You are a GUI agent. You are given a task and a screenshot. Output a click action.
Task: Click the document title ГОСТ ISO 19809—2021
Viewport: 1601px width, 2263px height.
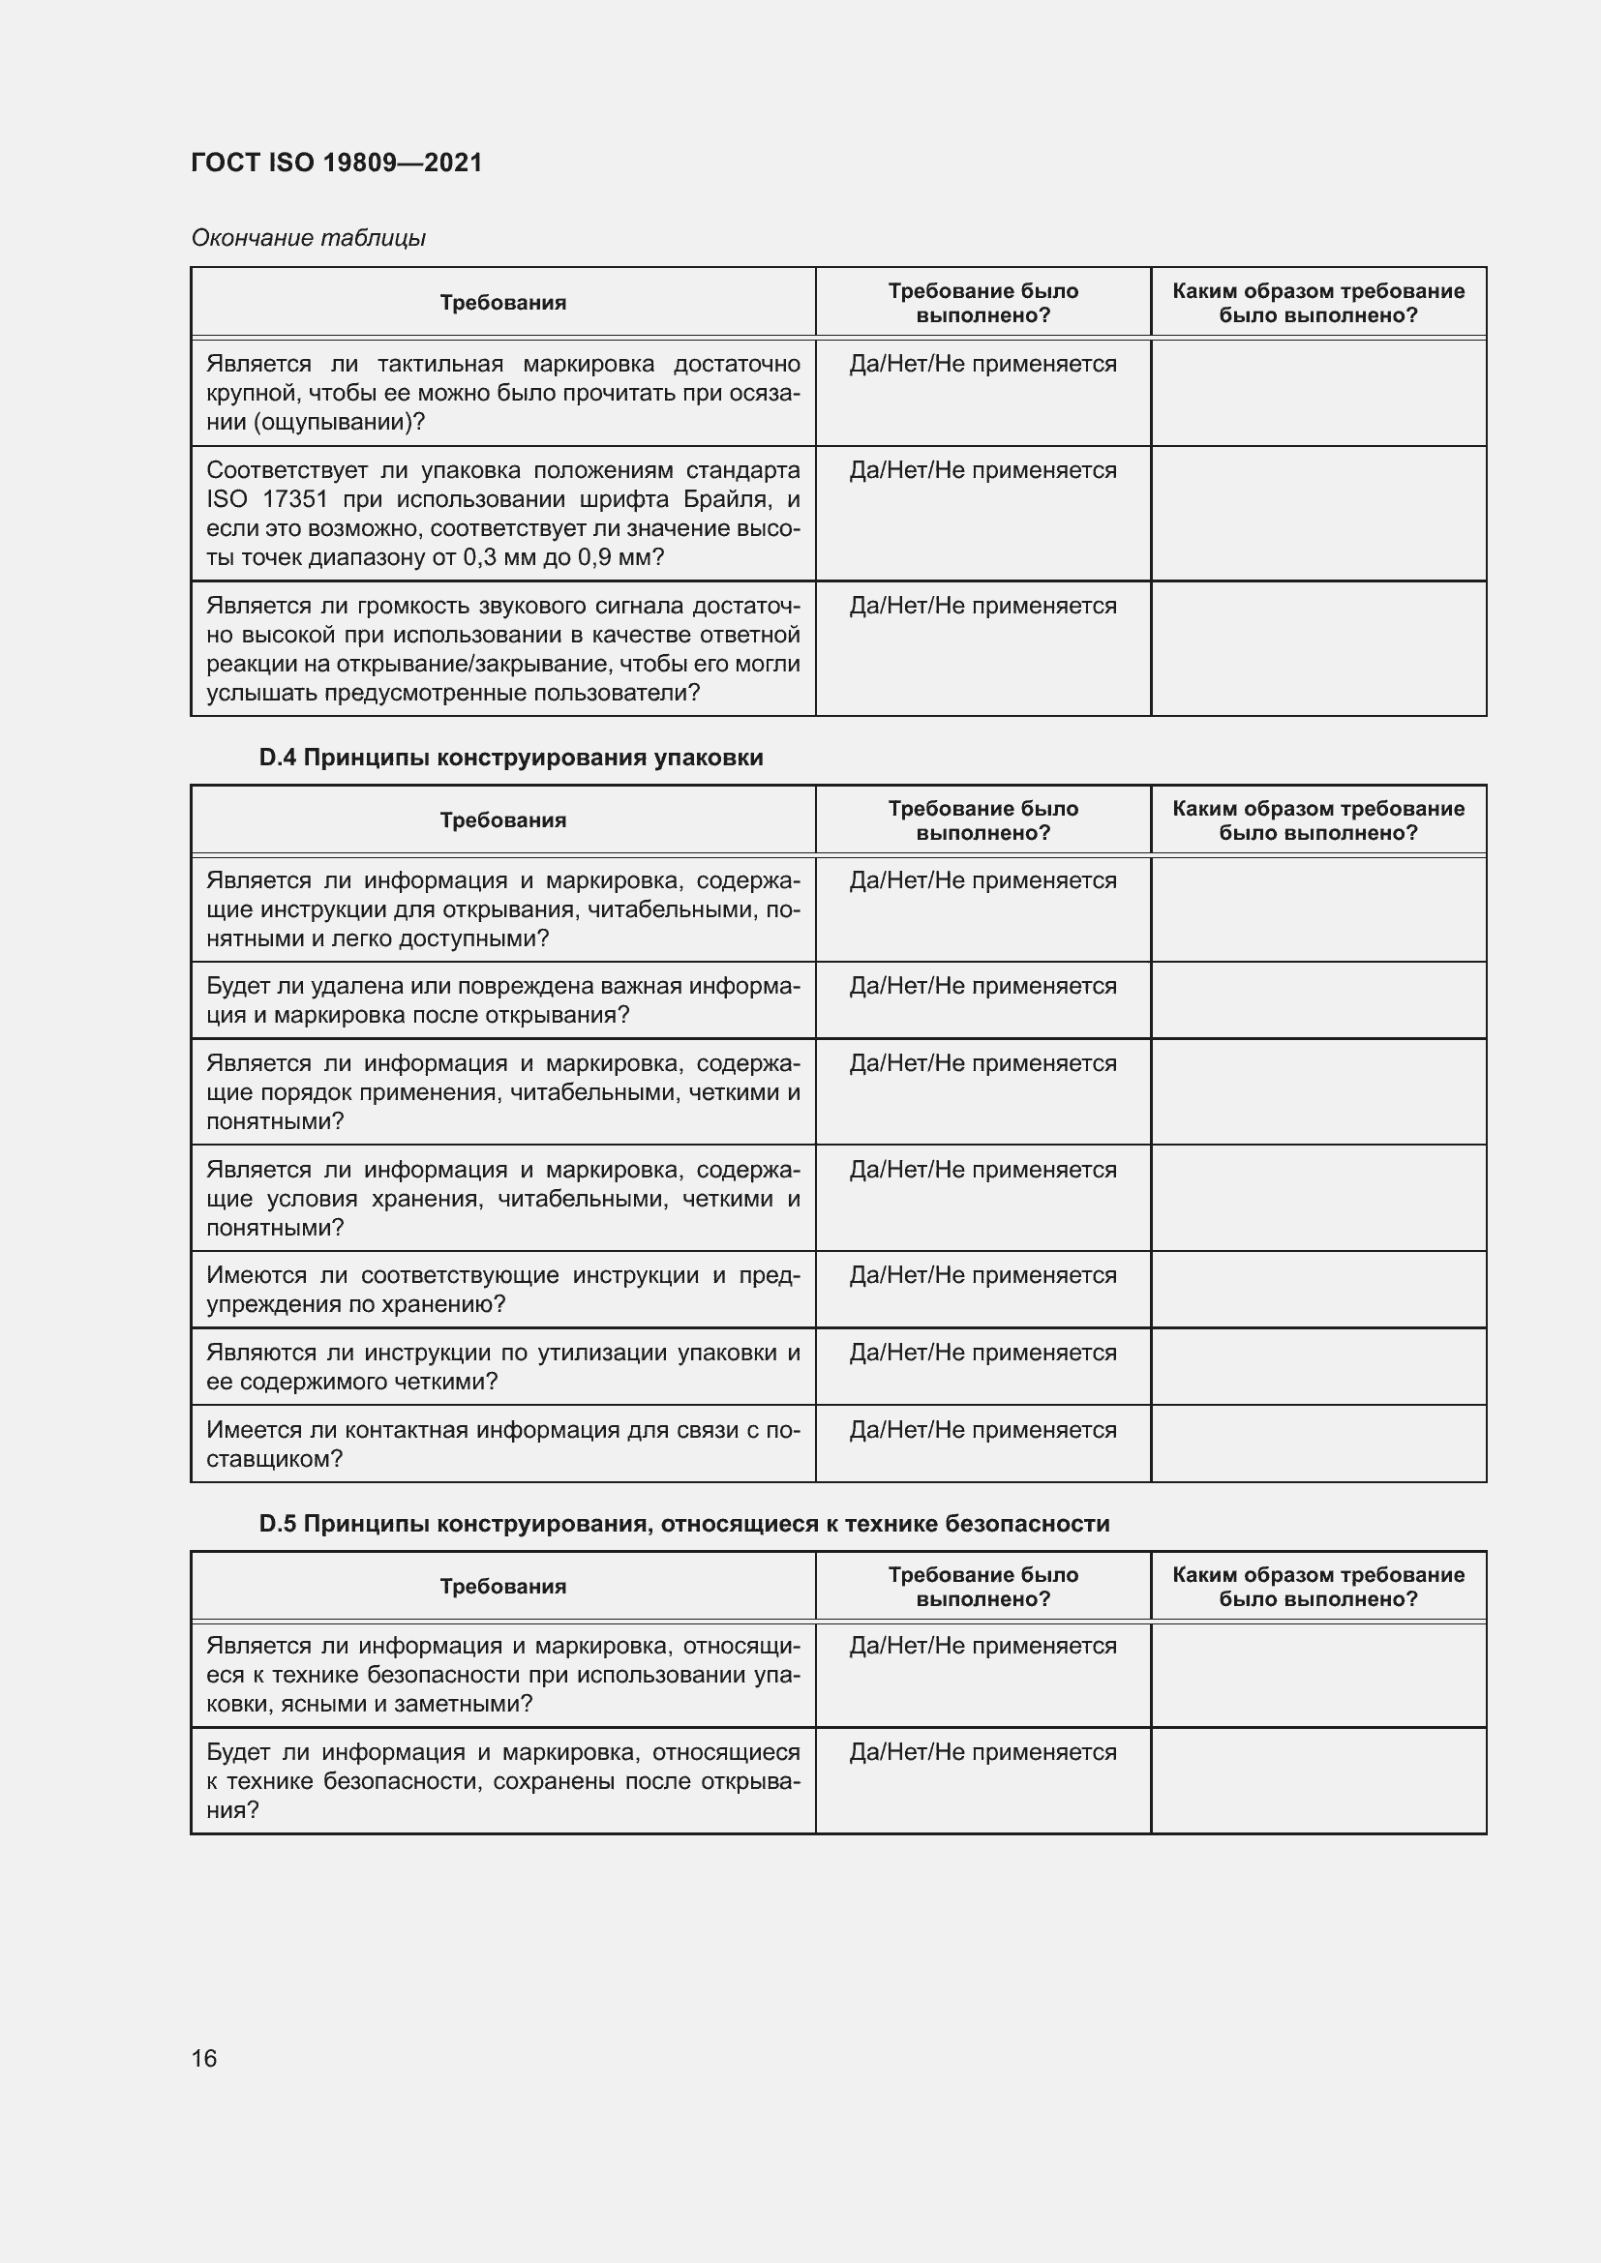[x=336, y=163]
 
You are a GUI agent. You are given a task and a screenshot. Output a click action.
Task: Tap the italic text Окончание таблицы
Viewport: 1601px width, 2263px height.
[x=308, y=238]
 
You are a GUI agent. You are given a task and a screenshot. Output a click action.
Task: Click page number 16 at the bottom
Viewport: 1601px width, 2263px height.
[x=204, y=2058]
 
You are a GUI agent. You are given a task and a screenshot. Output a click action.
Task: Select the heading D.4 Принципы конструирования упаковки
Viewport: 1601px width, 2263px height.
[x=510, y=757]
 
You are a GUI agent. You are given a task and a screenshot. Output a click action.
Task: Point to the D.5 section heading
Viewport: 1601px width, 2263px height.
[x=683, y=1523]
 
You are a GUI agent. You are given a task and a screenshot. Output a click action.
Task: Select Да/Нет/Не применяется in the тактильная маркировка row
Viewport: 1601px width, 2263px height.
[x=982, y=364]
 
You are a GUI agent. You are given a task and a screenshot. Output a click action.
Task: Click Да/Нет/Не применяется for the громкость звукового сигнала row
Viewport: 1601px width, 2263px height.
[x=982, y=605]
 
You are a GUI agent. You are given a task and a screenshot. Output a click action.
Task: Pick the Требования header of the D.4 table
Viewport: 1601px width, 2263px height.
[x=502, y=820]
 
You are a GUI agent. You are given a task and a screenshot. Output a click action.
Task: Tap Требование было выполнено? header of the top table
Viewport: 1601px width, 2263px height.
[x=982, y=303]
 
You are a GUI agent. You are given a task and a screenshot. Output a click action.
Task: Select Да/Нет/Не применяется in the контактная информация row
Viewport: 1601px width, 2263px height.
[x=982, y=1429]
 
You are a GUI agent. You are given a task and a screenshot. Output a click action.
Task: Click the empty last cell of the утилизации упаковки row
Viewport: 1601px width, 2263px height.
[x=1317, y=1366]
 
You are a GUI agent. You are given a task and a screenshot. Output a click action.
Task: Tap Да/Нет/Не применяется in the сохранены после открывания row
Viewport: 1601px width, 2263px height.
[x=982, y=1751]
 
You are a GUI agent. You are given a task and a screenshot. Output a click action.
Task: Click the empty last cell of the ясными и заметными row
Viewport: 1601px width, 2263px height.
[x=1317, y=1675]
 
